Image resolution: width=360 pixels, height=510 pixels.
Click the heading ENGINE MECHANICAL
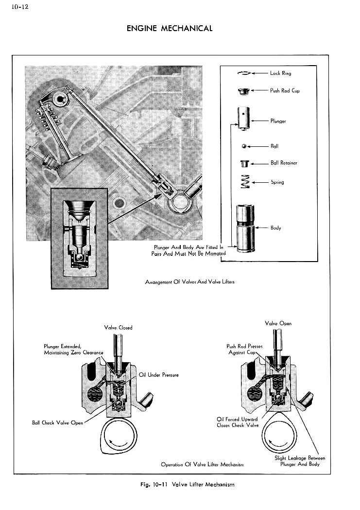pos(170,28)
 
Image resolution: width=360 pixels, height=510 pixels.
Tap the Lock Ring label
pos(280,73)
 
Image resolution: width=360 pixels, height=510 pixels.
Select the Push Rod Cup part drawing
pos(242,90)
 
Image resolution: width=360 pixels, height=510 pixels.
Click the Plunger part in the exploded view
pos(243,118)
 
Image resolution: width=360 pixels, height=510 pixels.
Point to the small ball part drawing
pos(243,146)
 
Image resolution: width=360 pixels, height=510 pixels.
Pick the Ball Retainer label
pos(284,163)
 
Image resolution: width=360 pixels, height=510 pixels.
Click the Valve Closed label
pos(118,327)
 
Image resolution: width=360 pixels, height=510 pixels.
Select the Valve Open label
pos(278,323)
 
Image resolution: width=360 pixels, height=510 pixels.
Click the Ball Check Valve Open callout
pos(57,422)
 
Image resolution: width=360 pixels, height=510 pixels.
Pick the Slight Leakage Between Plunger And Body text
pos(299,461)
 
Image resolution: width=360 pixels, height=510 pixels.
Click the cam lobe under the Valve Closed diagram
pos(119,435)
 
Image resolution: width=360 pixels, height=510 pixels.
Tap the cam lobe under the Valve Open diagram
pos(278,436)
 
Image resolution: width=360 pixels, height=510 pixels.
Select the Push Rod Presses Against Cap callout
pos(244,349)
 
